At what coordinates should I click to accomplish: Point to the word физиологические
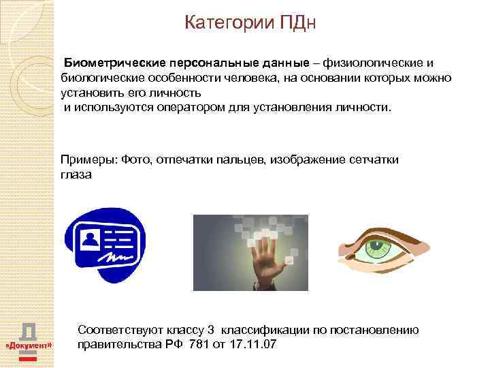click(374, 63)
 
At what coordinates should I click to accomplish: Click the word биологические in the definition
click(99, 78)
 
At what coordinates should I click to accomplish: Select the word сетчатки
click(374, 159)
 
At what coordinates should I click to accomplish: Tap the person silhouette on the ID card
click(89, 238)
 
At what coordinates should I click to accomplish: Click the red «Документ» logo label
click(29, 347)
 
